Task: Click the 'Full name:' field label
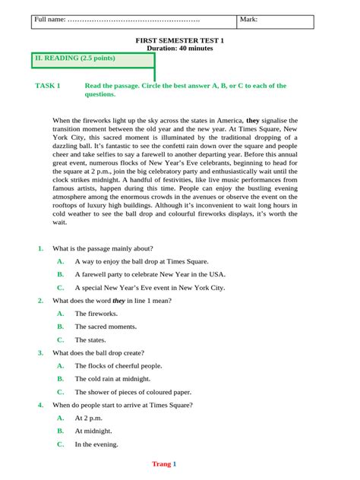coord(49,19)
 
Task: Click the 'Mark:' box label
coord(248,19)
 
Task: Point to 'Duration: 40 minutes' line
coord(180,48)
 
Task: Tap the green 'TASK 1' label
coord(48,86)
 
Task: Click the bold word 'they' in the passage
coord(253,120)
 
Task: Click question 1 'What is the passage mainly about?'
coord(103,248)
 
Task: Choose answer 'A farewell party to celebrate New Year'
coord(150,274)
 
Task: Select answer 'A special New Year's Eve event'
coord(150,288)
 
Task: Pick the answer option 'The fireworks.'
coord(96,313)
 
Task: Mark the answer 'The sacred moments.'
coord(106,327)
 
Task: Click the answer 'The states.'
coord(90,339)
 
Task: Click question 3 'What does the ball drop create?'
coord(98,353)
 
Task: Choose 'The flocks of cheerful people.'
coord(118,366)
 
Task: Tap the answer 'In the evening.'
coord(96,444)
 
